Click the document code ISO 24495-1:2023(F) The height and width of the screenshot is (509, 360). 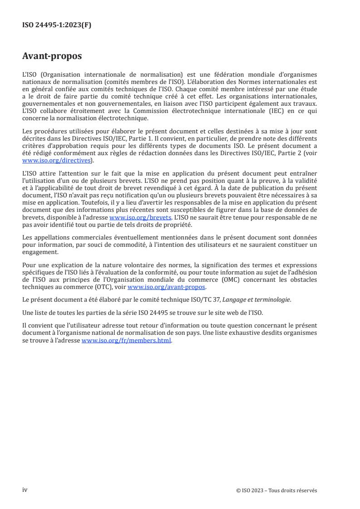pos(57,25)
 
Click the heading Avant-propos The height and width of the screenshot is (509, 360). pos(52,56)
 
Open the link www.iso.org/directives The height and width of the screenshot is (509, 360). pos(56,160)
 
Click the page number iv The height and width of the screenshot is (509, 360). pos(25,490)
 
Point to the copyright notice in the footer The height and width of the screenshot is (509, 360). pos(276,490)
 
